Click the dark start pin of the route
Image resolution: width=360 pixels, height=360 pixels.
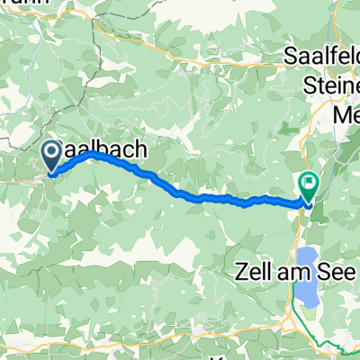53,157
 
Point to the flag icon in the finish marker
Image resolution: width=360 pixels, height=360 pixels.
309,184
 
